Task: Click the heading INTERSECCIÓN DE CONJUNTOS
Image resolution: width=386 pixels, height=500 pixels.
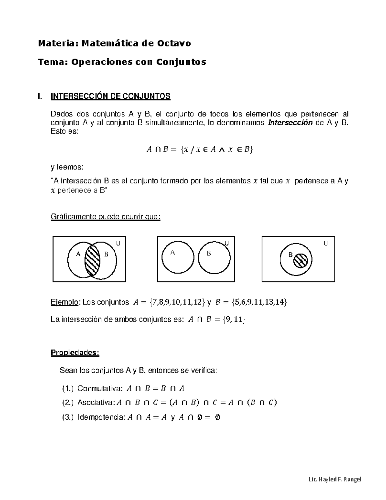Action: point(111,96)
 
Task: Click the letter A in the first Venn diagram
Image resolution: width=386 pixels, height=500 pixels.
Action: point(78,254)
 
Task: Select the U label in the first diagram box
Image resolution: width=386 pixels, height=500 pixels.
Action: point(118,243)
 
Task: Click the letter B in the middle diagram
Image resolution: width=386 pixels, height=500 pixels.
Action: point(209,253)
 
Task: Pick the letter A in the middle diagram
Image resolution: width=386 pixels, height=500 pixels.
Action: point(172,253)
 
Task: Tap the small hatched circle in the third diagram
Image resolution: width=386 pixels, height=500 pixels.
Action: point(302,260)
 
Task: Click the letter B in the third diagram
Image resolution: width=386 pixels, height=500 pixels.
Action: point(290,255)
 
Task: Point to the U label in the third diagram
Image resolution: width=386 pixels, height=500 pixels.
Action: point(326,243)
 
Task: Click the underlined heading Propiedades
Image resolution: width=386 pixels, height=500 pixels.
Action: point(75,353)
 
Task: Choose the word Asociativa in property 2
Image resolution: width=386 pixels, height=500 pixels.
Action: point(96,402)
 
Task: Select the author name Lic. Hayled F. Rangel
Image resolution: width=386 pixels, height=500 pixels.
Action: point(335,479)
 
